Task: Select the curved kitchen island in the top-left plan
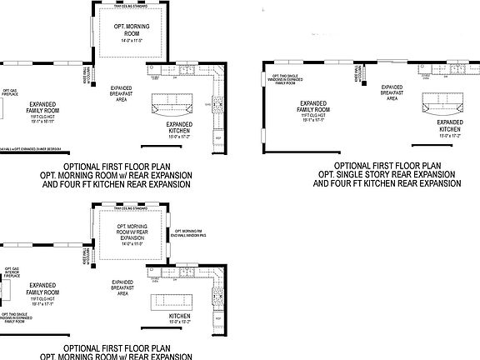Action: pos(171,107)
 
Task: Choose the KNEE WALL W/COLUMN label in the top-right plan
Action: pos(357,75)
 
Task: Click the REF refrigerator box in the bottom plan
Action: pos(219,321)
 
